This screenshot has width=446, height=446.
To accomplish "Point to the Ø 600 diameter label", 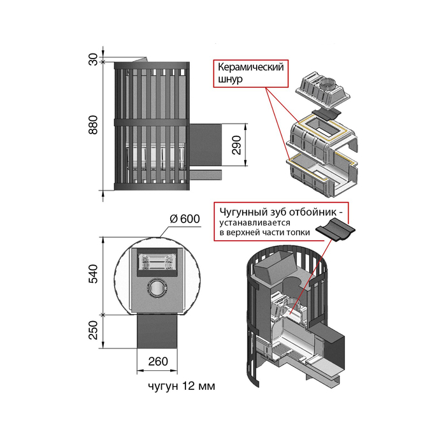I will click(185, 219).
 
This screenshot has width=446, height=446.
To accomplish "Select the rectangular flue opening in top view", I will click(156, 261).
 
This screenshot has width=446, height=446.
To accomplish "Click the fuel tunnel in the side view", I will click(206, 145).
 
